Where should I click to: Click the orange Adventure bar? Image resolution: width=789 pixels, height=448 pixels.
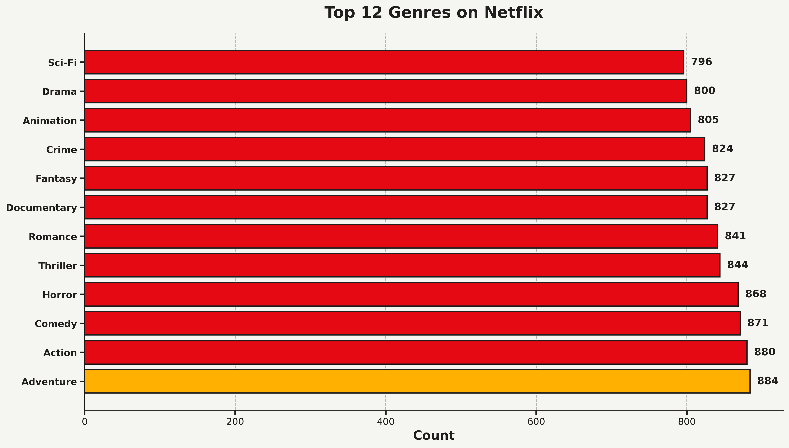417,381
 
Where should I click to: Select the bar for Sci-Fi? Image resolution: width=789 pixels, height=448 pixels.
384,62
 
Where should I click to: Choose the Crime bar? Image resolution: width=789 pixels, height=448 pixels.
394,149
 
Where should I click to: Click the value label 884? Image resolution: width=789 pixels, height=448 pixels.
767,381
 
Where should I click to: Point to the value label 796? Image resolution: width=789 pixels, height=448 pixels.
702,62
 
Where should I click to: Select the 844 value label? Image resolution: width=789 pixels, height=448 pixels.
737,265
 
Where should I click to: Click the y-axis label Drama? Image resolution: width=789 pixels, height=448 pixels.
59,92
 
